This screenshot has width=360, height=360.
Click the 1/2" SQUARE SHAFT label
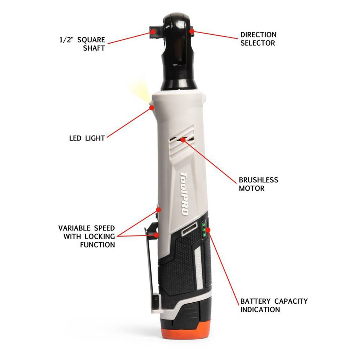click(82, 44)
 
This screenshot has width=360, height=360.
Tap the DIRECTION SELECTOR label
click(258, 39)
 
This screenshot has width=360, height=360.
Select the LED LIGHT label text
click(87, 138)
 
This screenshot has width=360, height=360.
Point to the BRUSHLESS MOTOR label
click(259, 184)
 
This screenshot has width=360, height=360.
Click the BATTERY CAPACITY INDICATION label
click(274, 305)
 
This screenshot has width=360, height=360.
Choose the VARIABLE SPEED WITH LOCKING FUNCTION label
click(86, 236)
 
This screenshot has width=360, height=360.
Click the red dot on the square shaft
click(153, 31)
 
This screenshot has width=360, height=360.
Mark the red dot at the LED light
click(152, 107)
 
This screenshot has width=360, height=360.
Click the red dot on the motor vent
click(183, 139)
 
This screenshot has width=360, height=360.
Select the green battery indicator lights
click(204, 229)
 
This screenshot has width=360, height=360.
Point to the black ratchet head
click(178, 52)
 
